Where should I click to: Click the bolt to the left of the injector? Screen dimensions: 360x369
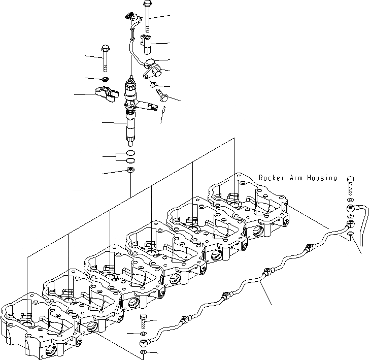pyautogui.click(x=105, y=58)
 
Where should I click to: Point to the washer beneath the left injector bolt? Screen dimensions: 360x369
pyautogui.click(x=105, y=79)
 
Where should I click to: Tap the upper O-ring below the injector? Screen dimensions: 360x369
pyautogui.click(x=130, y=153)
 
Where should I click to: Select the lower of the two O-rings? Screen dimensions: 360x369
pyautogui.click(x=130, y=160)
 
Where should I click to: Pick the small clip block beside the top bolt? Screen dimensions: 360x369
pyautogui.click(x=147, y=43)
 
